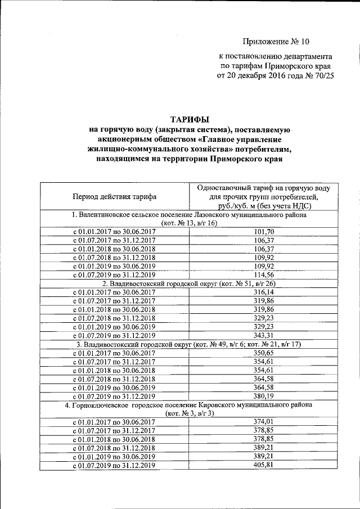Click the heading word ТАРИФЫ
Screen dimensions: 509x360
(x=189, y=119)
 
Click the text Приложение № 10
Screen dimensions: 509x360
(x=276, y=42)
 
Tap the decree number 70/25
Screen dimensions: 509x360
(x=322, y=77)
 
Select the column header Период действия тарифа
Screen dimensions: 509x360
(x=114, y=196)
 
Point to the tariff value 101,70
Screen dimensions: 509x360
(x=264, y=232)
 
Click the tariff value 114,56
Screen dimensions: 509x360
(x=264, y=274)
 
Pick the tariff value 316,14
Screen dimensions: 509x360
(x=264, y=292)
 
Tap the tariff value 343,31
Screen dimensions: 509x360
(x=264, y=335)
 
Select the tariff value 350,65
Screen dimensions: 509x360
(x=264, y=353)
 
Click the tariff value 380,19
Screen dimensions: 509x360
(x=264, y=396)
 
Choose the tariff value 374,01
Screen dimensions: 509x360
(x=264, y=422)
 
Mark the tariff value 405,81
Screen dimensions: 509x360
(x=264, y=465)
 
